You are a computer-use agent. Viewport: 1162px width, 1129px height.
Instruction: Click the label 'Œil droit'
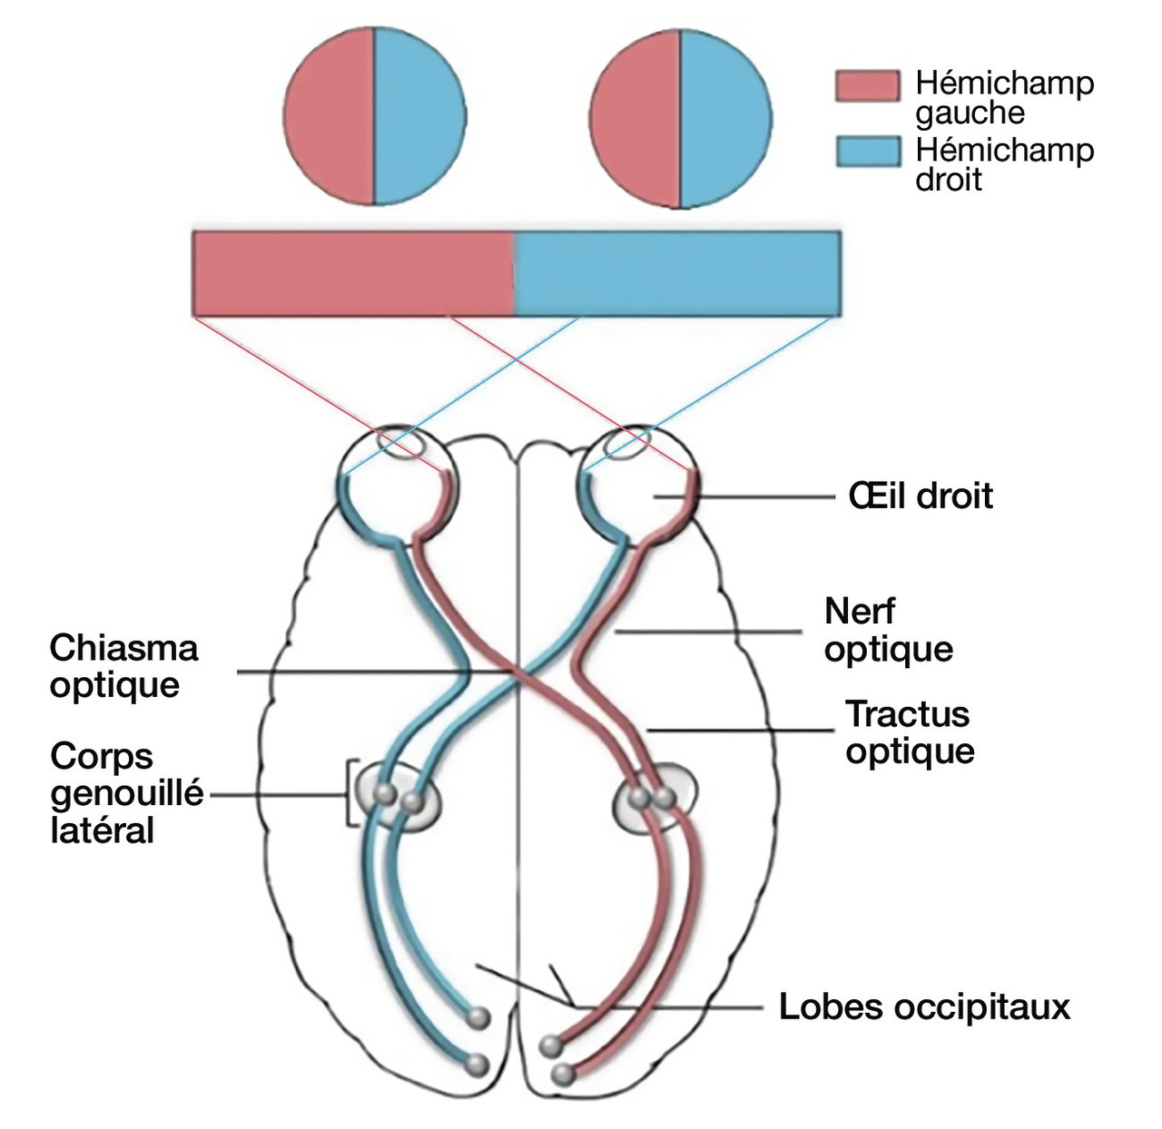click(x=921, y=496)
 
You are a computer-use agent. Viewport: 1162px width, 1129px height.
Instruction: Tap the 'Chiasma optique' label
click(x=123, y=666)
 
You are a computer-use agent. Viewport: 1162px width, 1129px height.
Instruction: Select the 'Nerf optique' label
click(x=888, y=630)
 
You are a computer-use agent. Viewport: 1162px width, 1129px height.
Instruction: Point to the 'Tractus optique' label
click(x=909, y=732)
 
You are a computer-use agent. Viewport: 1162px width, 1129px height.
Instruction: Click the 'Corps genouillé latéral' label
click(x=127, y=793)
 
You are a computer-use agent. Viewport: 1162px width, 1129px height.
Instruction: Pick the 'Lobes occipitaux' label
click(x=924, y=1006)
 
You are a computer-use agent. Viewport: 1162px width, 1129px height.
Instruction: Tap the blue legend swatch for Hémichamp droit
click(x=867, y=152)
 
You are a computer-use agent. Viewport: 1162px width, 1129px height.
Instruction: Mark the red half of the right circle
click(x=635, y=115)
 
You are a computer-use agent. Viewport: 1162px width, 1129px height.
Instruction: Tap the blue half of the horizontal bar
click(x=677, y=273)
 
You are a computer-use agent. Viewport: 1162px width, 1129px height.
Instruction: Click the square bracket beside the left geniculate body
click(x=350, y=793)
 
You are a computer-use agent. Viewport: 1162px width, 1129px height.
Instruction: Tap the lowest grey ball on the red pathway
click(x=564, y=1075)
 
